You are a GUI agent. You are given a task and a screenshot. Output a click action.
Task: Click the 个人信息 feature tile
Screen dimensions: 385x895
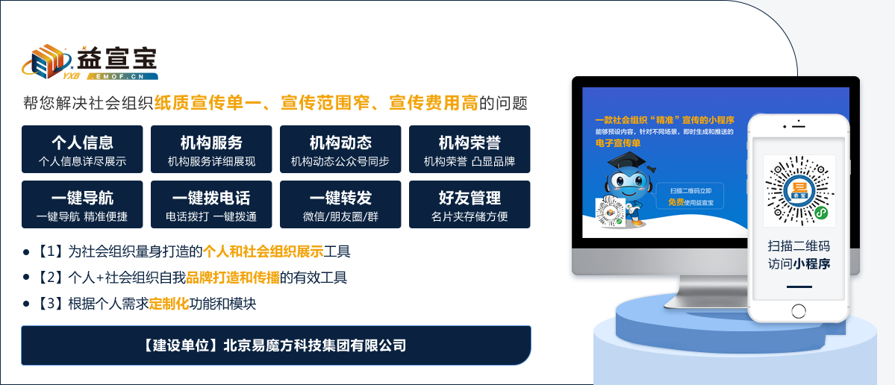point(82,149)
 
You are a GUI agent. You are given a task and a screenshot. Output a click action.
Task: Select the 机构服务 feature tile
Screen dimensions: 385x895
point(211,149)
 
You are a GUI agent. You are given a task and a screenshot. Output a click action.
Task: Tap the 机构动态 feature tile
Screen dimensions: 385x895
point(340,149)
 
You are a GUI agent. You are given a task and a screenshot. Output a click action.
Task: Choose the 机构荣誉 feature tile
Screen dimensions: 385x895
point(470,149)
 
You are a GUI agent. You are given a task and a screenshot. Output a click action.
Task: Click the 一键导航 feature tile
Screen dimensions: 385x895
point(82,204)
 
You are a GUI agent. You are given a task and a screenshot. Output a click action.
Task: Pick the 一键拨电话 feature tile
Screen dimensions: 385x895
point(211,204)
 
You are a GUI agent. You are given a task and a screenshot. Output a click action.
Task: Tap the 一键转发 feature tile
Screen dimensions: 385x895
point(340,204)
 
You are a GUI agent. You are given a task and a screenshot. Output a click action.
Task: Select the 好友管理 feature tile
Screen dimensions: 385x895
point(470,204)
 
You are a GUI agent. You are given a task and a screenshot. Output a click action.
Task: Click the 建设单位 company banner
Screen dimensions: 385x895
point(275,345)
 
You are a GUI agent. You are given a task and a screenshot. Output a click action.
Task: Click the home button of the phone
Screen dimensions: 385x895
point(799,310)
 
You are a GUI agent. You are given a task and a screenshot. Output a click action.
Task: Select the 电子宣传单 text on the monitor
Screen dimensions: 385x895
point(618,143)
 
